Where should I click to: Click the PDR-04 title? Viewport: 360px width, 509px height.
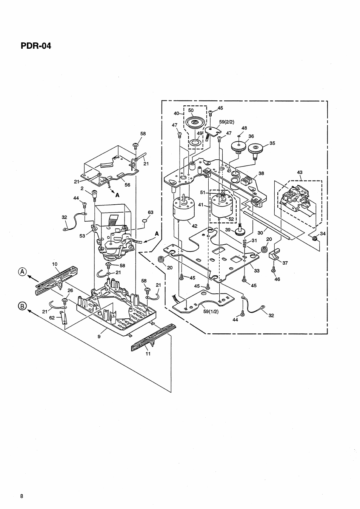tap(35, 46)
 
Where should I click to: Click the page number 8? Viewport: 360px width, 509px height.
tap(22, 496)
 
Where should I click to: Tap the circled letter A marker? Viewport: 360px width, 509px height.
tap(23, 271)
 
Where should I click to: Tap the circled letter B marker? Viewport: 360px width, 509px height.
tap(23, 307)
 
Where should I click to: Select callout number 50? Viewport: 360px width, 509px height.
tap(191, 110)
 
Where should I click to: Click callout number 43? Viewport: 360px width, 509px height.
tap(300, 173)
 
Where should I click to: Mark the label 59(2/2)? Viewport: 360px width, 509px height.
tap(227, 122)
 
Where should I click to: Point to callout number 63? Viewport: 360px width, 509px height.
tap(151, 212)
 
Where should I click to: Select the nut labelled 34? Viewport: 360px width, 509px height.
tap(314, 239)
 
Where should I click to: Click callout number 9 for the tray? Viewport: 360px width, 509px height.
tap(99, 333)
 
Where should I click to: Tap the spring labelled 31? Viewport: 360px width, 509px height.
tap(245, 245)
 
